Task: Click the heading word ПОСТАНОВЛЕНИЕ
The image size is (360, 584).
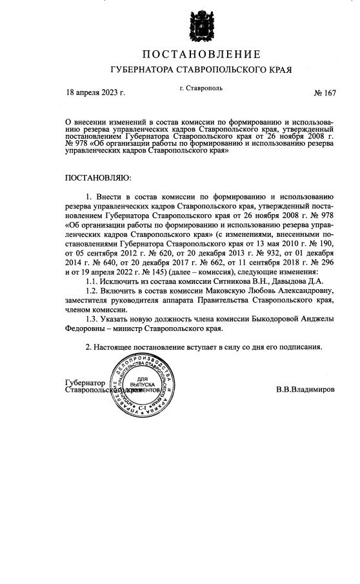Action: (x=201, y=54)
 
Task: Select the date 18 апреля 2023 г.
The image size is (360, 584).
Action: (x=95, y=92)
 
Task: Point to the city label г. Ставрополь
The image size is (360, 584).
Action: (x=201, y=87)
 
